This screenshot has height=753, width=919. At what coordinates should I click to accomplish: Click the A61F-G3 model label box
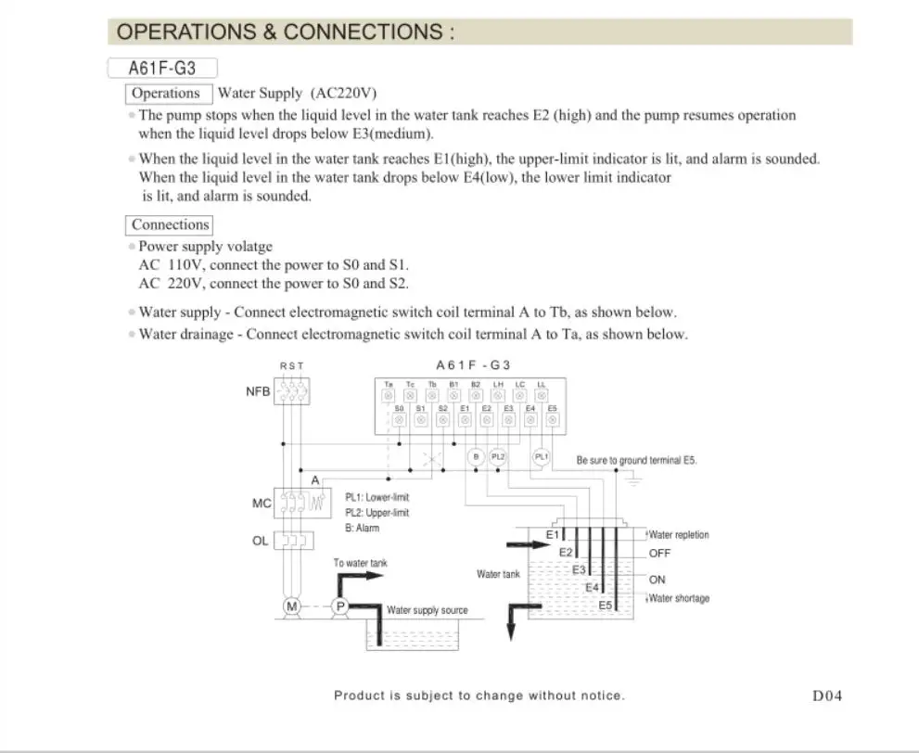coord(161,68)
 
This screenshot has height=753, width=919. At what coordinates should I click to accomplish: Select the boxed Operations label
coord(166,93)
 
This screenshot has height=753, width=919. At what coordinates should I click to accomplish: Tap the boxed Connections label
coord(170,224)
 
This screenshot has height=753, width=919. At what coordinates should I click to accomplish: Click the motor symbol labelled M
coord(292,606)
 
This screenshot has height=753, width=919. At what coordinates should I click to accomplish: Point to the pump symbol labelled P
coord(339,606)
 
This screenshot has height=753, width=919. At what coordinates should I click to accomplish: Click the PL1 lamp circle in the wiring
coord(542,456)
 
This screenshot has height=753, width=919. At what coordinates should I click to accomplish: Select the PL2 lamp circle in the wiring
coord(498,456)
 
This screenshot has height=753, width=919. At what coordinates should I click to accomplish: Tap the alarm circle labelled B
coord(476,456)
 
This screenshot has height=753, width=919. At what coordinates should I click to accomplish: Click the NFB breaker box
coord(292,390)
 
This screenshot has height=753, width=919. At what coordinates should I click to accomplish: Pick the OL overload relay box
coord(292,540)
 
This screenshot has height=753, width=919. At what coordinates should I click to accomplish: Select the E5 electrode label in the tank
coord(605,605)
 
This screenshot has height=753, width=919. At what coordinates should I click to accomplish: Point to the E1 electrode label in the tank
coord(552,535)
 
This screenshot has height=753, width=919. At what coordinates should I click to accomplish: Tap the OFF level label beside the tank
coord(659,554)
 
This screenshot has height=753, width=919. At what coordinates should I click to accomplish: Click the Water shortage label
coord(679,598)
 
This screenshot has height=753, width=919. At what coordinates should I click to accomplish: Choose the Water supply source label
coord(427,610)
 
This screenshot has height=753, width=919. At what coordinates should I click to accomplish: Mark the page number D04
coord(826,696)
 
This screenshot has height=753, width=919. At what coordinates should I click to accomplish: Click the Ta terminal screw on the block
coord(389,396)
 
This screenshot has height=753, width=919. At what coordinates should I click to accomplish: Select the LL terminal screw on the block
coord(542,396)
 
